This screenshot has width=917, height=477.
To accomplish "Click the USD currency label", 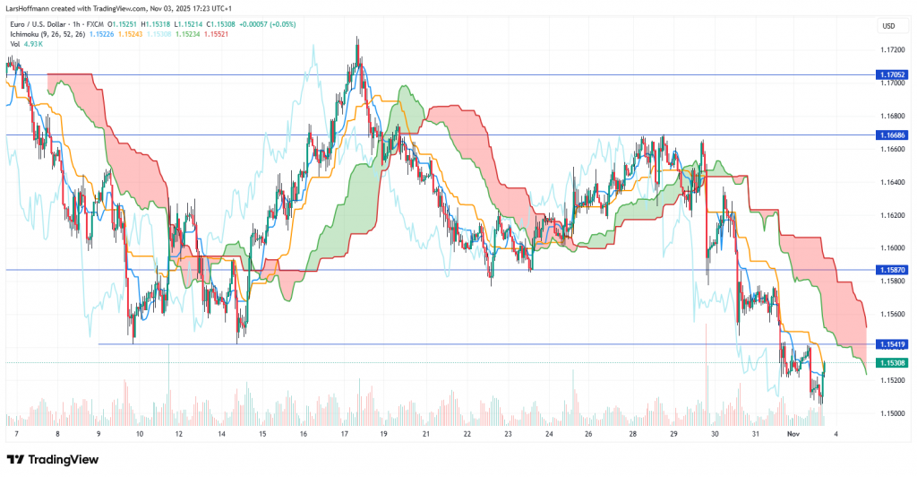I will pos(889,26).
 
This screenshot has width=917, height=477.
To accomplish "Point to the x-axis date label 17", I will pos(345,433).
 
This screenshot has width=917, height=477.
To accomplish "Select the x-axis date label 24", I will pos(549,433).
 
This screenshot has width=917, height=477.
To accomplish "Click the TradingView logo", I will pos(54,460).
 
